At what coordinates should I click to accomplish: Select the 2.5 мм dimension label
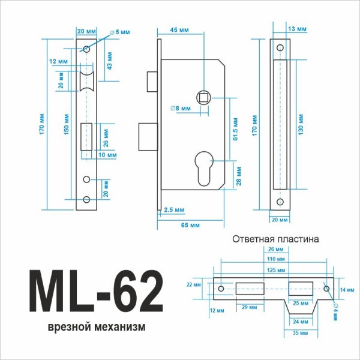pyautogui.click(x=175, y=209)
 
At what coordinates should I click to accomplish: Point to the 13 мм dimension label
pyautogui.click(x=298, y=29)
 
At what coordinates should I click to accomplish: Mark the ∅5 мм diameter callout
pyautogui.click(x=118, y=31)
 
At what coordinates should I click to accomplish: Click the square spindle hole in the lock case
pyautogui.click(x=204, y=97)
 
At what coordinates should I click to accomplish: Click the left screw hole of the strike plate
pyautogui.click(x=221, y=289)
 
